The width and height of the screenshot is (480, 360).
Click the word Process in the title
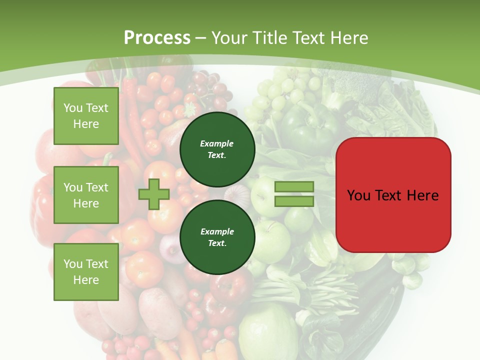[x=157, y=38]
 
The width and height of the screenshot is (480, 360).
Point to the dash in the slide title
[x=201, y=38]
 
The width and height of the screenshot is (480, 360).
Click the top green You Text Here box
[x=86, y=116]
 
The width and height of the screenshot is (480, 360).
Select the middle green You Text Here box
[x=86, y=195]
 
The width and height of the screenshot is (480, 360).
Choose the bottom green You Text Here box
[x=86, y=271]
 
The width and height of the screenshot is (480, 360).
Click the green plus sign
[x=154, y=194]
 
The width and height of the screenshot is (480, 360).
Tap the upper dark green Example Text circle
[x=217, y=149]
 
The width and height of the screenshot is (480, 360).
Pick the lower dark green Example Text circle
[x=217, y=237]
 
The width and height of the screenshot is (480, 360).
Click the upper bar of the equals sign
[x=294, y=186]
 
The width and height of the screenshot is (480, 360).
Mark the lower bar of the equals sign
[x=294, y=201]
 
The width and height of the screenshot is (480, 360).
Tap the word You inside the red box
[x=358, y=195]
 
